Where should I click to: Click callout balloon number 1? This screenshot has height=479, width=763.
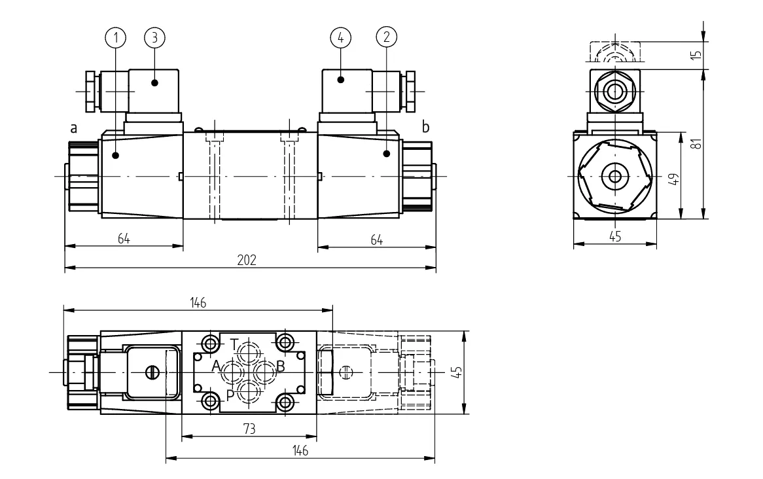(x=115, y=37)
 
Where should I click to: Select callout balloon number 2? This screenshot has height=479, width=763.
(x=386, y=37)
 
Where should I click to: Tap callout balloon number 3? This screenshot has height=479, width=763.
(x=154, y=37)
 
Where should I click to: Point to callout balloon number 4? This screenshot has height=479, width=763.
(x=341, y=37)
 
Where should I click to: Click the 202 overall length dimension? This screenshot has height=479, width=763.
(x=247, y=260)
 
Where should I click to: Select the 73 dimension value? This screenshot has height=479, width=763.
(x=249, y=429)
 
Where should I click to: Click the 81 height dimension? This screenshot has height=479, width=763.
(x=697, y=143)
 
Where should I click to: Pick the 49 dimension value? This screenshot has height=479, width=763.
(x=674, y=179)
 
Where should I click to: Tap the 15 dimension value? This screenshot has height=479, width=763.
(x=697, y=55)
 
